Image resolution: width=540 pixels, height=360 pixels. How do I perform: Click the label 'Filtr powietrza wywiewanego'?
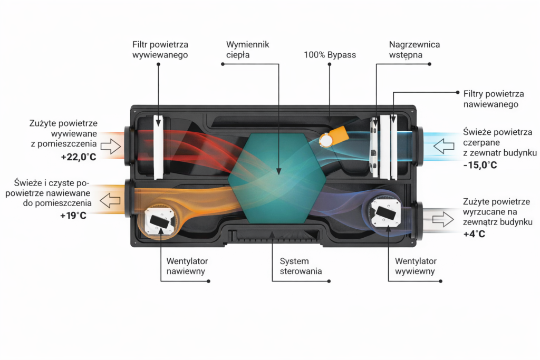tap(160, 50)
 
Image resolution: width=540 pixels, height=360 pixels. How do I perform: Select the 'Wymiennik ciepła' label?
tap(247, 50)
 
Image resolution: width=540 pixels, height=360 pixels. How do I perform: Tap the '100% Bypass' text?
tap(330, 55)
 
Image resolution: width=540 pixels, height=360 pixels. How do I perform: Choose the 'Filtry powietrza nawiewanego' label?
tap(494, 99)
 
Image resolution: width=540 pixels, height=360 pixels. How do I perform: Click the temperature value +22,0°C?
tap(79, 158)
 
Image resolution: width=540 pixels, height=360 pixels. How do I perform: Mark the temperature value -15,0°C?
tap(480, 165)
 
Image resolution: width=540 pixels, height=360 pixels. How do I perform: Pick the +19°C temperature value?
tap(73, 216)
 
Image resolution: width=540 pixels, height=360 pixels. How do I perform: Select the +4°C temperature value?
tap(474, 235)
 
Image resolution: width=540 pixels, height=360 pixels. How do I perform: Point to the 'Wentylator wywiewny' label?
tap(416, 266)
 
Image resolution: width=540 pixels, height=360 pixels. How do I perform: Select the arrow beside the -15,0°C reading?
tap(441, 145)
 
